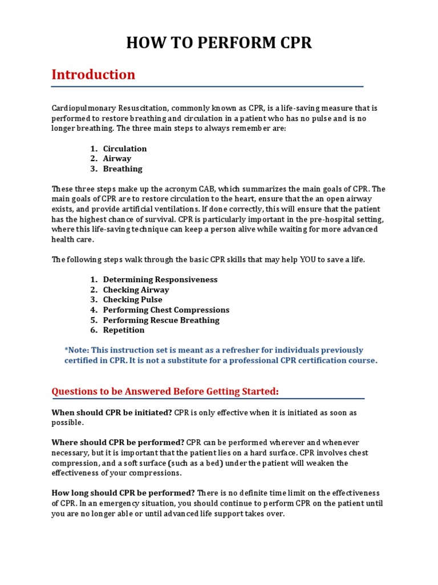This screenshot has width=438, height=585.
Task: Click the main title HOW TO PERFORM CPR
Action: click(x=219, y=43)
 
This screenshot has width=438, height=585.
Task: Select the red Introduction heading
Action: click(x=94, y=75)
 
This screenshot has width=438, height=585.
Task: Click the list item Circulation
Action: click(x=125, y=149)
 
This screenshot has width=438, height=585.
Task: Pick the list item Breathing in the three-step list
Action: click(x=123, y=169)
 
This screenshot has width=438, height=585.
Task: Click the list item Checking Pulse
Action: click(x=132, y=299)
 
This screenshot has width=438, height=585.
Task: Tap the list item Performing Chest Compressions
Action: click(x=166, y=310)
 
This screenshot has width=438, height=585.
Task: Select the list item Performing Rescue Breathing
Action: click(x=161, y=320)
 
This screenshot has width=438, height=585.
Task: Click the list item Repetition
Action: click(x=124, y=330)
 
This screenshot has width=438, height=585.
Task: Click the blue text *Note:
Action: click(x=77, y=350)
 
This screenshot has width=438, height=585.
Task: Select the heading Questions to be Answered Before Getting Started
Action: click(x=165, y=391)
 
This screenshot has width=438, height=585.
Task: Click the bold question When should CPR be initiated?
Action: click(x=112, y=412)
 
